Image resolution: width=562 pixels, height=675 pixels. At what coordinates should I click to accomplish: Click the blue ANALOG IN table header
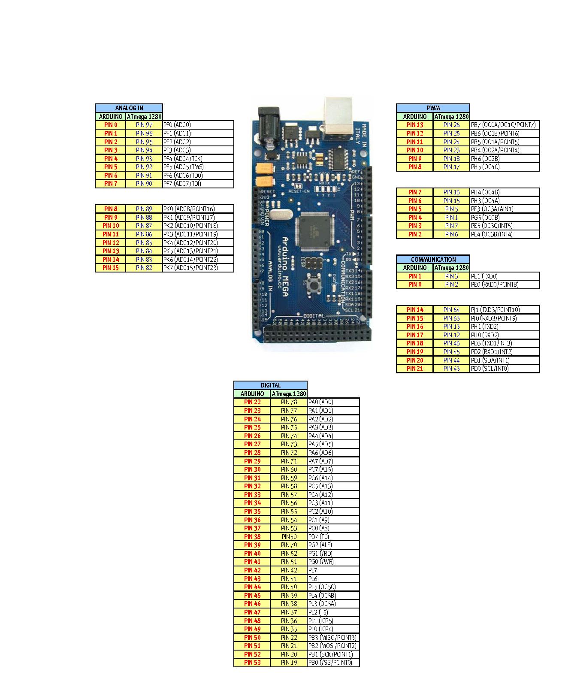(129, 108)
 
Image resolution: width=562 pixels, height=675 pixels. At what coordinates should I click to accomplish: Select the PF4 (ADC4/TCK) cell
(198, 158)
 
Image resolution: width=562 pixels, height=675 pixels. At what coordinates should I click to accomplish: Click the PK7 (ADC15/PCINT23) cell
(198, 268)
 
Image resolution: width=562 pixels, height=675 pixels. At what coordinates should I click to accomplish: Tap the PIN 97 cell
(144, 125)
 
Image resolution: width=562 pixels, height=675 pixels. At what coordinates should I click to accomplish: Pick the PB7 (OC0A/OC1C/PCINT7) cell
(505, 125)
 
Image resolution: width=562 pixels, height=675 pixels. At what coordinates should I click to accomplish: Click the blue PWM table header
(433, 108)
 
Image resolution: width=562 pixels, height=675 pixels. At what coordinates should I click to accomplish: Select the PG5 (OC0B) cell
(505, 218)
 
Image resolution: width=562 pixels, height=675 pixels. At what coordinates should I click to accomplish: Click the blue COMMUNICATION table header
(433, 260)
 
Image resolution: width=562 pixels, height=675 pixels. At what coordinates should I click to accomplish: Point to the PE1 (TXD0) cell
(505, 276)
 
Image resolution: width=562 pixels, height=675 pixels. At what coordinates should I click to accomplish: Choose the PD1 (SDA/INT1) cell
(505, 360)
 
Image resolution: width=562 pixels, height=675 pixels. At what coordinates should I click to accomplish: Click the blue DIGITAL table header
(270, 385)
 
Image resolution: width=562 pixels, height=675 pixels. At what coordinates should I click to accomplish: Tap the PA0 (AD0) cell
(333, 403)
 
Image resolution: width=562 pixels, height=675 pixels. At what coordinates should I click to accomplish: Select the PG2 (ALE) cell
(333, 545)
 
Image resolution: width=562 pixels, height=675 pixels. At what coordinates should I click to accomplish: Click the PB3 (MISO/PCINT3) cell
(333, 638)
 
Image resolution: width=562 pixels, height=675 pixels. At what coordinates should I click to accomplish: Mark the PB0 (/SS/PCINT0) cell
(333, 663)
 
